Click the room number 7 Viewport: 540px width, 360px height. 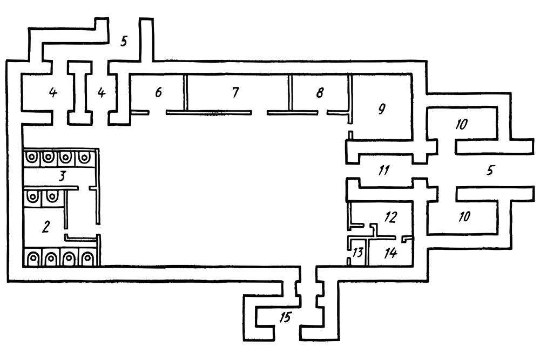235,92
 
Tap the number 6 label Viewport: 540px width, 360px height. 158,92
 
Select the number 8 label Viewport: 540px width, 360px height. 320,92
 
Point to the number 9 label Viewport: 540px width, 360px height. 382,109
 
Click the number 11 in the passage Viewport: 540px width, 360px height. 383,170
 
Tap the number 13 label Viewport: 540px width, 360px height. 358,252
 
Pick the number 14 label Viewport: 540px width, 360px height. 391,253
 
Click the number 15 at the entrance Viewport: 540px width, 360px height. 285,317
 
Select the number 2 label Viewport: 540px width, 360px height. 46,227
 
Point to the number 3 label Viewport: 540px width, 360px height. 62,176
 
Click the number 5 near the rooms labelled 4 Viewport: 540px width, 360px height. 124,41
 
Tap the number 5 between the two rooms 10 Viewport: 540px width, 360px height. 490,170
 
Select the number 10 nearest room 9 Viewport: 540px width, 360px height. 462,124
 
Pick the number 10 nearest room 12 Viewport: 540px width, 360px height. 464,216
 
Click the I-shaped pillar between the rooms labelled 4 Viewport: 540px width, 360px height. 80,93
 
